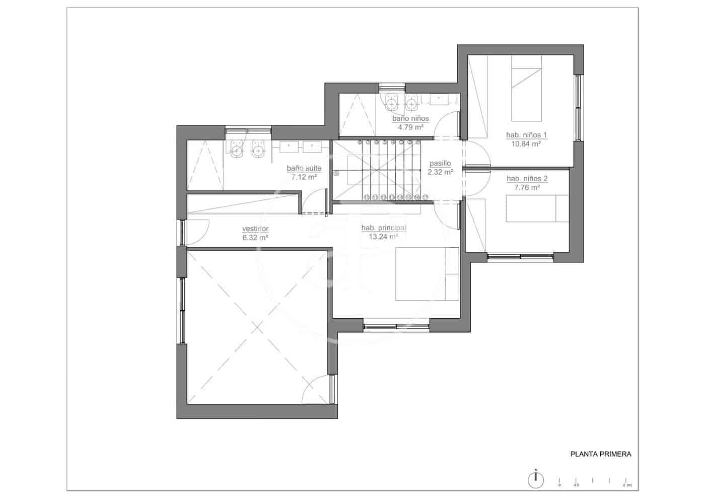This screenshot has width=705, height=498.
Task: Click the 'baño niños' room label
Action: [410, 119]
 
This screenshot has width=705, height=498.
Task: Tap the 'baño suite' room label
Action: [304, 168]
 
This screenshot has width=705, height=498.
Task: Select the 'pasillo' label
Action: [440, 164]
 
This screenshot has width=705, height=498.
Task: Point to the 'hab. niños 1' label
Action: [526, 135]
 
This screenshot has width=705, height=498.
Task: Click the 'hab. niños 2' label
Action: [527, 179]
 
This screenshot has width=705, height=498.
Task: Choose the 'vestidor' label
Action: [255, 229]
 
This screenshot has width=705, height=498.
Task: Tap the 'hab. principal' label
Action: [384, 228]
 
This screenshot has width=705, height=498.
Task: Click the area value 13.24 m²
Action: [384, 236]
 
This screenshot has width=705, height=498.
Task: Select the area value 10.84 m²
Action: [526, 144]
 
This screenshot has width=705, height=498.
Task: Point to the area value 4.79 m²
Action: [410, 127]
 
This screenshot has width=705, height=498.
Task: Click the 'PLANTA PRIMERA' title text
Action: [600, 454]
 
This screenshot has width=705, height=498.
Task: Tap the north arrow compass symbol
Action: [536, 479]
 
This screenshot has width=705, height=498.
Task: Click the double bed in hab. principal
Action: [427, 274]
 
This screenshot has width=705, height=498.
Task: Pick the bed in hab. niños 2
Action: [536, 208]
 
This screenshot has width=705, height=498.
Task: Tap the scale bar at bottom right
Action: [593, 481]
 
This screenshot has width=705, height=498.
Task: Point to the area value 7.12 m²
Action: [304, 177]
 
